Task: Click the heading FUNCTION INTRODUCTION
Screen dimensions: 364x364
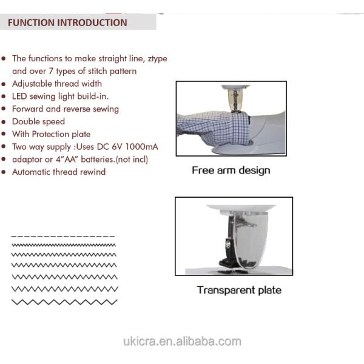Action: (x=67, y=23)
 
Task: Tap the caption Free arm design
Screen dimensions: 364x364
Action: (x=231, y=170)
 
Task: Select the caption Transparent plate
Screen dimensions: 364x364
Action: (x=239, y=290)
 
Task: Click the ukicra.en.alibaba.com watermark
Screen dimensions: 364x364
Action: (x=182, y=341)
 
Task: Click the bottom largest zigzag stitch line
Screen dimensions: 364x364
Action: (x=64, y=302)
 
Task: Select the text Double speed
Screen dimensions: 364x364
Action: (x=38, y=122)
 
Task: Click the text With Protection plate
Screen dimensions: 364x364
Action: (x=51, y=134)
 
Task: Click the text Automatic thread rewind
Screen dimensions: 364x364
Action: (x=59, y=172)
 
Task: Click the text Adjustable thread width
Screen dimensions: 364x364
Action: (x=57, y=84)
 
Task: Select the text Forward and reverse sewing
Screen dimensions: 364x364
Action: (x=66, y=109)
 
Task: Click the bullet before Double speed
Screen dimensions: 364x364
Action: (x=4, y=122)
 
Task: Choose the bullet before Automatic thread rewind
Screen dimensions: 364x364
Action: (x=4, y=172)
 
